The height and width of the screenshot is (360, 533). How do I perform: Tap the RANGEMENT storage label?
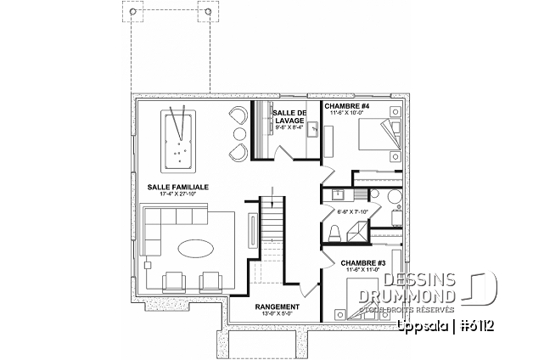pos(277,307)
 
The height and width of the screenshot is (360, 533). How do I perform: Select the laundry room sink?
pos(311,130)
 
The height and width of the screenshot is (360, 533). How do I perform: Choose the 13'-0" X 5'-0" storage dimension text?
pos(277,314)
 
